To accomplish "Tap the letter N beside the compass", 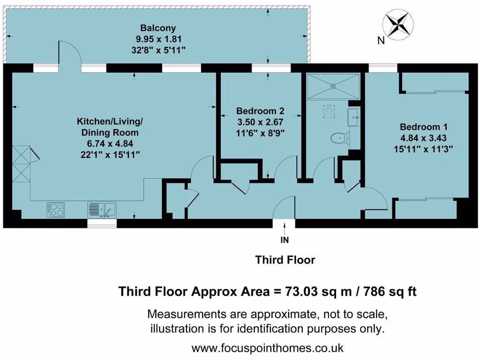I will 381,41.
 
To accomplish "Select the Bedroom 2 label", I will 260,112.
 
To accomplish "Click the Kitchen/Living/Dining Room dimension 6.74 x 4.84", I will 110,143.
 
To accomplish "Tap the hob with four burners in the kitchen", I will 55,209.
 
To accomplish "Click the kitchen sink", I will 102,209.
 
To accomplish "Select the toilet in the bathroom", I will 338,138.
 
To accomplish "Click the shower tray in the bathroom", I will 333,86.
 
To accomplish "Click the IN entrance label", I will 285,240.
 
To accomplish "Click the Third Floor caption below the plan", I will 285,260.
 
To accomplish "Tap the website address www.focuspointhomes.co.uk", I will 268,349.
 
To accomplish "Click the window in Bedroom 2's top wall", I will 264,68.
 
